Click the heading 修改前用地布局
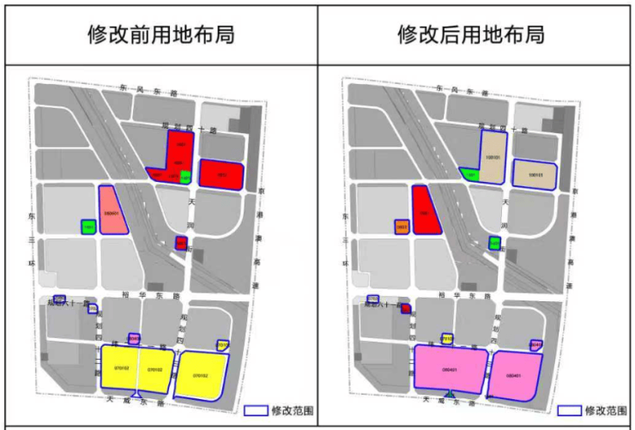click(161, 35)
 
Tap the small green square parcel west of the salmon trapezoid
click(88, 227)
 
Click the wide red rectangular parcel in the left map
click(221, 174)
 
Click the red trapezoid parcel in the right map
click(426, 211)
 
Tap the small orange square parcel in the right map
click(401, 227)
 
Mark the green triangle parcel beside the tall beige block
click(469, 175)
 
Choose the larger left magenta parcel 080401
click(450, 370)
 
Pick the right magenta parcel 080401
click(516, 374)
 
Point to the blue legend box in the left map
click(256, 410)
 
